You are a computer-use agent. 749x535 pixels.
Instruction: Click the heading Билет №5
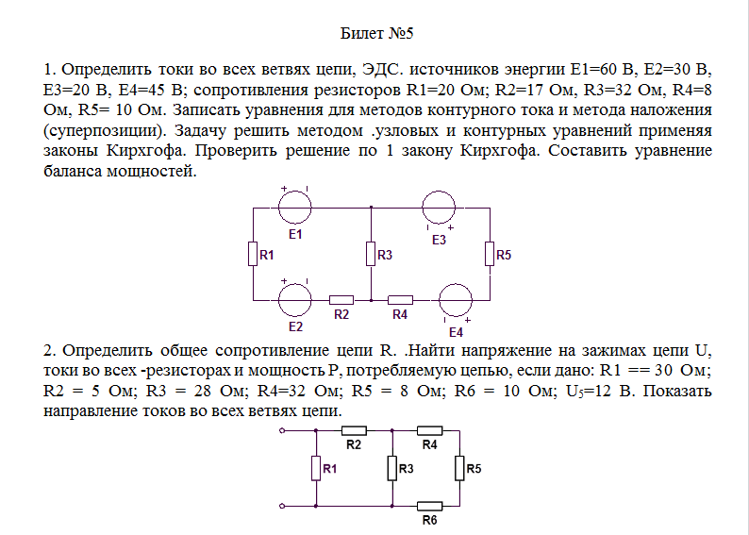pos(376,33)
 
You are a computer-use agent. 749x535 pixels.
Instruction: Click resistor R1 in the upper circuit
pos(253,254)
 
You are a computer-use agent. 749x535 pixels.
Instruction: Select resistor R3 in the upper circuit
pos(371,254)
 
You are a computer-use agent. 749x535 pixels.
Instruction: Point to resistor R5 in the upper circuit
pos(490,254)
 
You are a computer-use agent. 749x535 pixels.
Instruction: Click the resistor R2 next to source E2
pos(341,300)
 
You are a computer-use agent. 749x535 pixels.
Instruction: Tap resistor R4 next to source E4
pos(400,300)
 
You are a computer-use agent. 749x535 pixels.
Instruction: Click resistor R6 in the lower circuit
pos(430,506)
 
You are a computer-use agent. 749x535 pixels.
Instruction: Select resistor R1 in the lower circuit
pos(316,468)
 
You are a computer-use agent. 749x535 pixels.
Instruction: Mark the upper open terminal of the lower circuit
pos(282,431)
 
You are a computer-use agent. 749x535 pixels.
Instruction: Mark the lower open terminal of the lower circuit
pos(282,506)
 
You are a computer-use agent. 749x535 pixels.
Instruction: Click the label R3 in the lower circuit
pos(406,469)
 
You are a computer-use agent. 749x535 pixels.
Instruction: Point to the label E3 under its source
pos(439,240)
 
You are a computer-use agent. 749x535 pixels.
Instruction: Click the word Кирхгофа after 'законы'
pos(144,150)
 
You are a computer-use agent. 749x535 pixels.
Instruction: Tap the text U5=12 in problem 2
pos(589,392)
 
